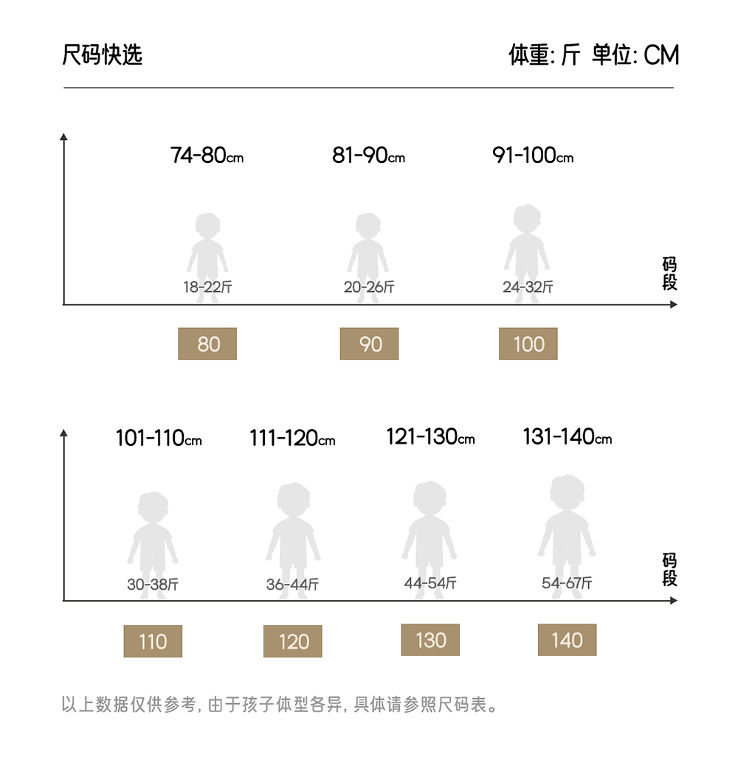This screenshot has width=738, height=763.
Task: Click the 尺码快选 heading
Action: tap(102, 55)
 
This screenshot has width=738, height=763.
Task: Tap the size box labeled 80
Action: tap(207, 344)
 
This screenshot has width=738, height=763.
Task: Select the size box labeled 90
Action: tap(369, 344)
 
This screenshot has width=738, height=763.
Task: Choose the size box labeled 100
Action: tap(528, 344)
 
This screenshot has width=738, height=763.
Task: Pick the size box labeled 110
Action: tap(153, 641)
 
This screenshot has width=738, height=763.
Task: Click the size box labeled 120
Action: tap(293, 641)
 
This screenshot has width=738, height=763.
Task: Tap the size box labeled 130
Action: tap(430, 640)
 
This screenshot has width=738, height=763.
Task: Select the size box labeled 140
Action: tap(567, 640)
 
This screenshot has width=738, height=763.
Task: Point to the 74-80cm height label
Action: tap(207, 156)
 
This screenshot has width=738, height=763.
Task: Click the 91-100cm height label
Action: tap(532, 156)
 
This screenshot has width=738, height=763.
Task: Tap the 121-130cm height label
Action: tap(430, 437)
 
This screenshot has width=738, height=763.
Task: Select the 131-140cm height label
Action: tap(567, 437)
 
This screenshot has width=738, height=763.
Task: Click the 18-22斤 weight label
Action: tap(207, 288)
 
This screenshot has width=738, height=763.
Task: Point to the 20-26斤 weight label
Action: tap(369, 288)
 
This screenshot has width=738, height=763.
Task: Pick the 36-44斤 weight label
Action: tap(292, 585)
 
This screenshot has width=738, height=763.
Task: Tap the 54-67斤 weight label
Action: tap(567, 583)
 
